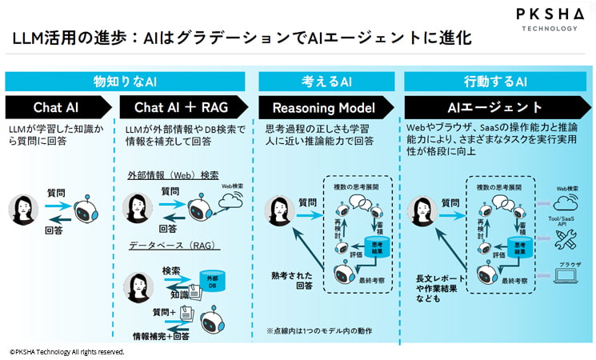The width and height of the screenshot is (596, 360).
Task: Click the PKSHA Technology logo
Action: tap(547, 19)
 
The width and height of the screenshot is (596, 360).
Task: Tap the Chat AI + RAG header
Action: tap(182, 107)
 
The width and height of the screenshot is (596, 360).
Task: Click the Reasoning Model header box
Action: tap(323, 107)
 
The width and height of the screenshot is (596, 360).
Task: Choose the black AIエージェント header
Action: tap(490, 107)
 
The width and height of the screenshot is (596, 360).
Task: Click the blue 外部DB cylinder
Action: tap(213, 282)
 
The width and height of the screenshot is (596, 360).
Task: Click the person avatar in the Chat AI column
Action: tap(22, 210)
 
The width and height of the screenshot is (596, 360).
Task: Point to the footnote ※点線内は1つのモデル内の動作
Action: tap(319, 330)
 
